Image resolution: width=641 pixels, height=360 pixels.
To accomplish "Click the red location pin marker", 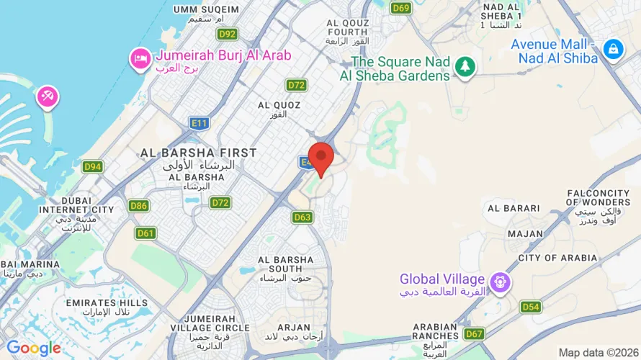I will coord(320,157).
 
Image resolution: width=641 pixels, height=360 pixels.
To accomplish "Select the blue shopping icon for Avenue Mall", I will coord(613,49).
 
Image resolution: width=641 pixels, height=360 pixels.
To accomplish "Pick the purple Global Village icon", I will coord(499,282).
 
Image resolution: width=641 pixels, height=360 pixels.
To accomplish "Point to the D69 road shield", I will coord(401,8).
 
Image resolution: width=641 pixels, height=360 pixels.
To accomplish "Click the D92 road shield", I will coord(227,34).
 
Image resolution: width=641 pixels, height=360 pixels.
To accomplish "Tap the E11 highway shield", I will coord(200,123).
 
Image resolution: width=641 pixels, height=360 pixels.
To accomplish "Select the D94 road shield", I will coord(92,167).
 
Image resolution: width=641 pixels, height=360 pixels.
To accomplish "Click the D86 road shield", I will coord(139,206).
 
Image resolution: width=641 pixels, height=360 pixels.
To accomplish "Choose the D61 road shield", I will coord(145,233).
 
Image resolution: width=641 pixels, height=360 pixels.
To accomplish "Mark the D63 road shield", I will coord(302,217).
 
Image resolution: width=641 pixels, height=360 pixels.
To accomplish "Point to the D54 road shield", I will coord(531,307).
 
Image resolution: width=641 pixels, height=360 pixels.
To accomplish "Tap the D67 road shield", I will coord(473,333).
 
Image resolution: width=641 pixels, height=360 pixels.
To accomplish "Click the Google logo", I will coord(33,348).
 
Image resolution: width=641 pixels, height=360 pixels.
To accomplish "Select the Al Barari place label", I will coord(514,208).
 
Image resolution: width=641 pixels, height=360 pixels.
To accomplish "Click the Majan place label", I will coord(525,233).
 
